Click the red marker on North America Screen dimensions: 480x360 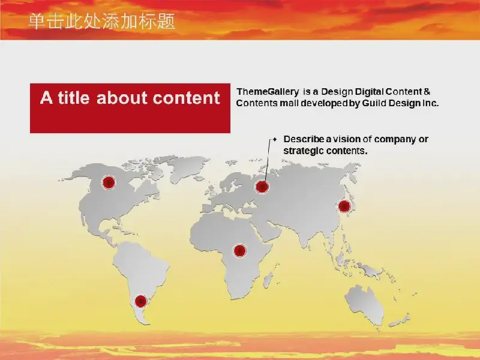coord(109,182)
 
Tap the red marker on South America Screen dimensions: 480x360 coord(141,301)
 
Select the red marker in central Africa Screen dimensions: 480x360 coord(240,251)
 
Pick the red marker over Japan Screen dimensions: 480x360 coord(344,206)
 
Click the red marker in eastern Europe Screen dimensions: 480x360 coord(262,187)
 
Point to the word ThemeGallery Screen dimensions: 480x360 coord(268,92)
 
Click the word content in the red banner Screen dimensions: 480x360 coord(186,98)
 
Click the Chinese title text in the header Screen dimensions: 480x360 coord(101,21)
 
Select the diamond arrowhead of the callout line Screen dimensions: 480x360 coord(275,139)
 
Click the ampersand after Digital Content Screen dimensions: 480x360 coord(427,92)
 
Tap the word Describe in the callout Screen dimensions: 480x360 coord(304,139)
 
